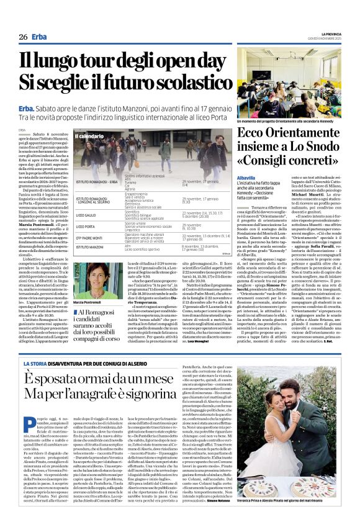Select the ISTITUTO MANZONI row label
89,247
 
